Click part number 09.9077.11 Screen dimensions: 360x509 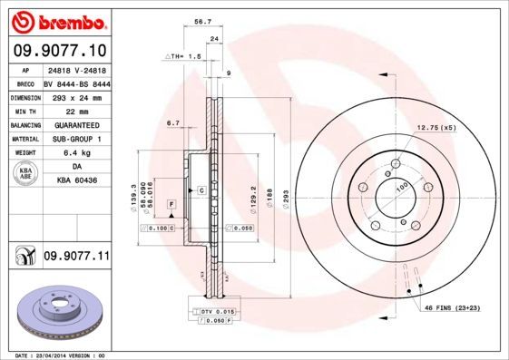coord(76,258)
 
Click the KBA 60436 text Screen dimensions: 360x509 coord(76,181)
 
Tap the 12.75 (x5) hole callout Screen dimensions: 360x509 coord(436,128)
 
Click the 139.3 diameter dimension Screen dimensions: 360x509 coord(134,184)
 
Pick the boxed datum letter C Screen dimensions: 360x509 coord(201,190)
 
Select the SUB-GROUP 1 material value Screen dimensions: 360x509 coord(76,140)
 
